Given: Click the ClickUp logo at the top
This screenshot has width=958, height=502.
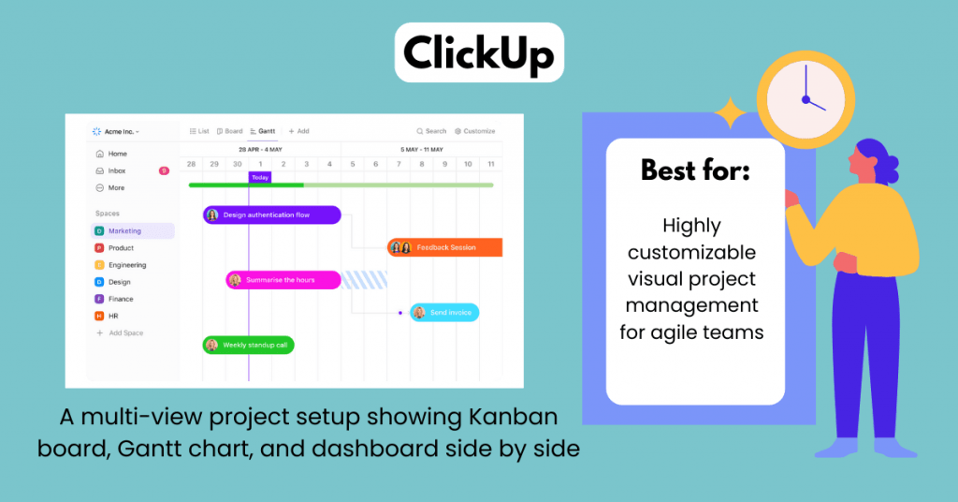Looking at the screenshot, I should pyautogui.click(x=478, y=53).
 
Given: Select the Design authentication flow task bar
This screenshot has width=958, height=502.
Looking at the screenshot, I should pyautogui.click(x=271, y=215).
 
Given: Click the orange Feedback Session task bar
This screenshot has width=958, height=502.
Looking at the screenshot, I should pyautogui.click(x=445, y=247).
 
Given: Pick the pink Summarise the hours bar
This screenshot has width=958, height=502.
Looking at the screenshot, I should pyautogui.click(x=283, y=280).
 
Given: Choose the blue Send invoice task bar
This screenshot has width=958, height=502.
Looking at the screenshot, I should pyautogui.click(x=444, y=313).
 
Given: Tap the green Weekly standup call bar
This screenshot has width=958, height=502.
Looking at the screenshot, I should pyautogui.click(x=249, y=345).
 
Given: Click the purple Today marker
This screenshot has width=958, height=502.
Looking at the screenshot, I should pyautogui.click(x=259, y=177).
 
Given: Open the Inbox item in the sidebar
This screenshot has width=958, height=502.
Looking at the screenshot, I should pyautogui.click(x=117, y=171).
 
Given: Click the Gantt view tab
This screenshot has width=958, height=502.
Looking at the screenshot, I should pyautogui.click(x=263, y=131).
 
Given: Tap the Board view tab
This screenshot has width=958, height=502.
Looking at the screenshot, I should pyautogui.click(x=229, y=131).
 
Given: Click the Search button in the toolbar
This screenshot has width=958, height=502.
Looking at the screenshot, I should pyautogui.click(x=431, y=131).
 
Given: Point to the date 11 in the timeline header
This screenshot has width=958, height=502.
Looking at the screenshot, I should pyautogui.click(x=491, y=164).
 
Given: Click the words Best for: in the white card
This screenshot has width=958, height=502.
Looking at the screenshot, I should pyautogui.click(x=694, y=170).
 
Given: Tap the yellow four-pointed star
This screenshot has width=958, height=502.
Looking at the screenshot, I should pyautogui.click(x=730, y=114).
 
